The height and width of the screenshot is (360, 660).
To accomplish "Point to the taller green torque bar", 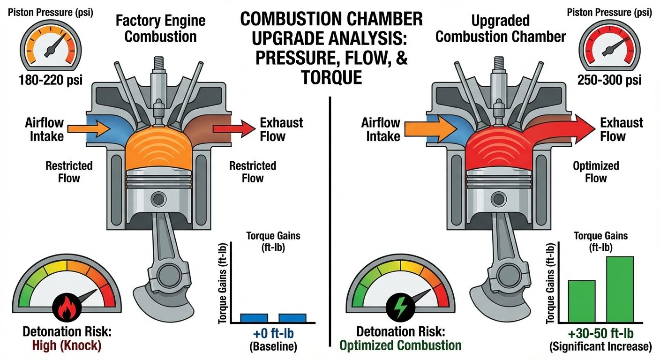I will click(x=620, y=288).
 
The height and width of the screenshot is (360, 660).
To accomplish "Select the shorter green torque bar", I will click(x=582, y=300).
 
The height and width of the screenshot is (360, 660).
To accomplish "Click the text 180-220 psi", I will click(x=51, y=79).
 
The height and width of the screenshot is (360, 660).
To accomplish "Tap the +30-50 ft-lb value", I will click(x=601, y=335).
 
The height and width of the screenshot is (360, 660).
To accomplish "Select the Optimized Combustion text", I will click(x=400, y=345).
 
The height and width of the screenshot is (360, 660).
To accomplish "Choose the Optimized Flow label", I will click(x=596, y=172).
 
